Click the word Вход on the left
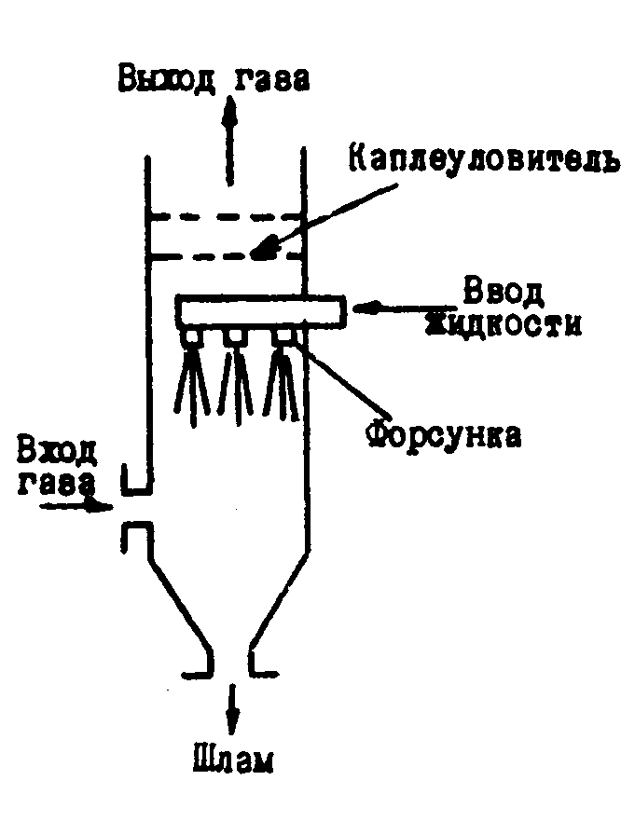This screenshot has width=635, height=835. click(55, 453)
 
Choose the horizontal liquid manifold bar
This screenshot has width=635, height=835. click(261, 310)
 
